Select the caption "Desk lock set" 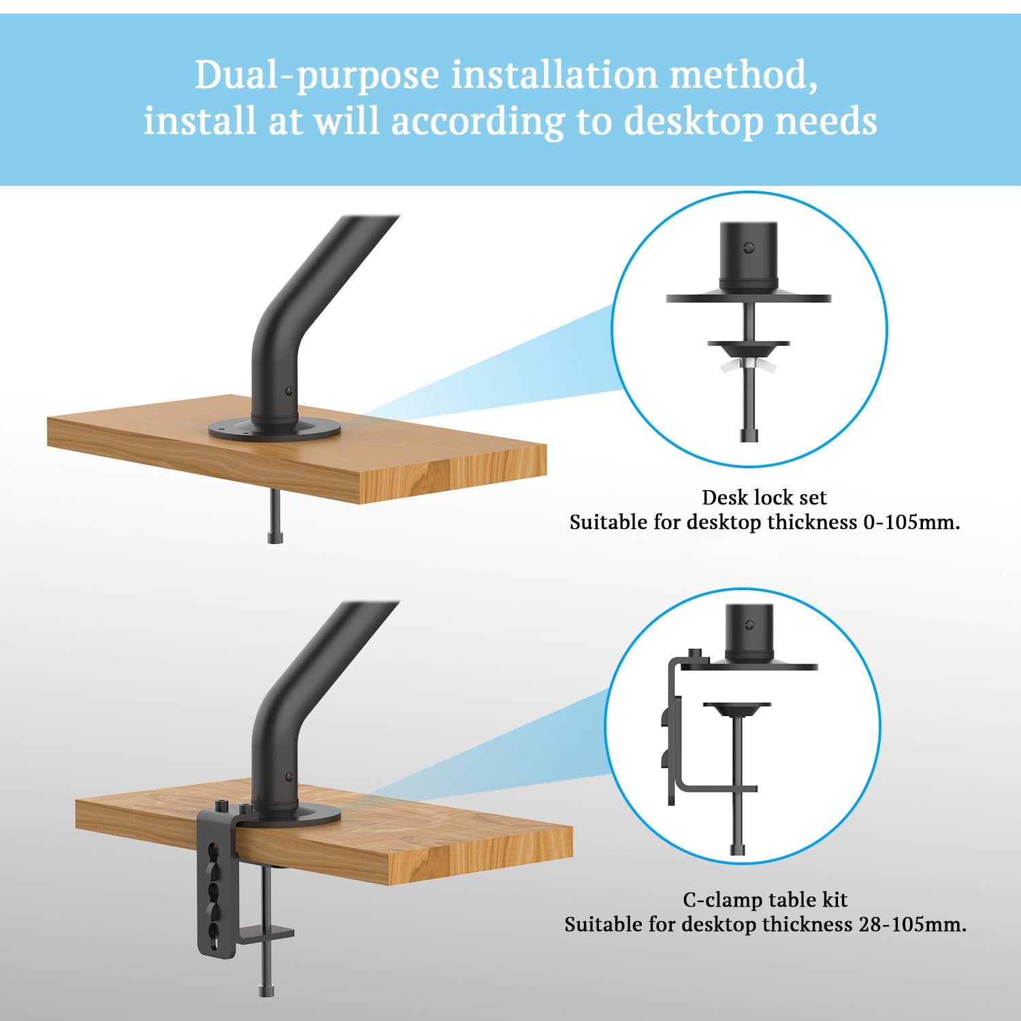tap(764, 498)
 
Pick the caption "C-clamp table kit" tap(765, 900)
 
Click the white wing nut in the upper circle tap(748, 367)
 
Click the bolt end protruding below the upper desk tap(275, 521)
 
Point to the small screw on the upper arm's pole tap(289, 391)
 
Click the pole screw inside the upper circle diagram tap(749, 248)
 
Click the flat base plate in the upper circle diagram tap(749, 298)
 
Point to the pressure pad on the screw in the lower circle tap(736, 710)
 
